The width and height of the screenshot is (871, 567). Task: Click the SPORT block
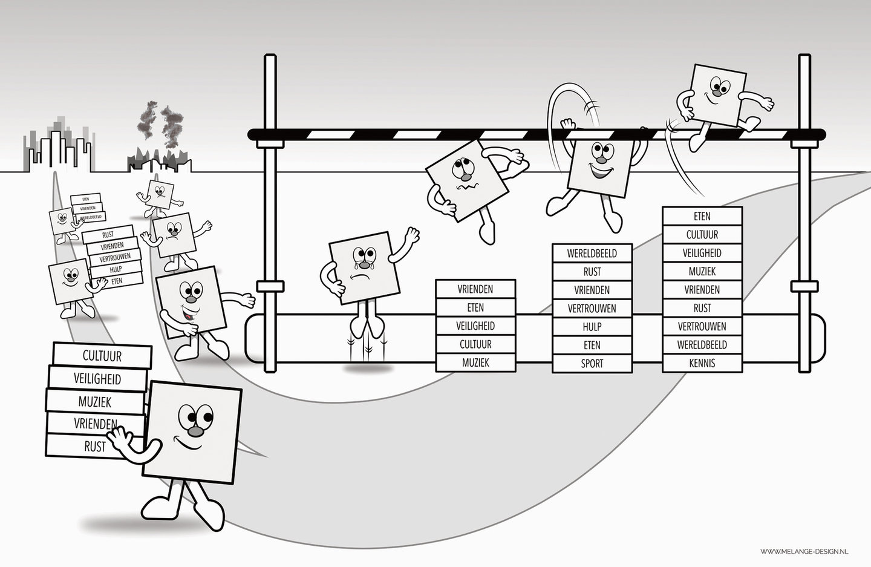point(592,364)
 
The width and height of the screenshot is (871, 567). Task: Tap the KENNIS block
point(702,363)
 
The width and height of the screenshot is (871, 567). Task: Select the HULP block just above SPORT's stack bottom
point(592,327)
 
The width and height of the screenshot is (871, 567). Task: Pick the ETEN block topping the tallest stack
point(702,216)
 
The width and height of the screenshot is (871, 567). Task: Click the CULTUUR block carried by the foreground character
point(102,355)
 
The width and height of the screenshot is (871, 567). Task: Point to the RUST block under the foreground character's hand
point(94,447)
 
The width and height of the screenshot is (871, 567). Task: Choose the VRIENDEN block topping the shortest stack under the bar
point(475,289)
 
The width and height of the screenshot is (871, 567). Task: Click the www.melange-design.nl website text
point(804,551)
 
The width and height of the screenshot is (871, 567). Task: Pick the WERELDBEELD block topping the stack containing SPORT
point(592,253)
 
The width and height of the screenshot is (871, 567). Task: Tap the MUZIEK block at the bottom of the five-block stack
point(475,363)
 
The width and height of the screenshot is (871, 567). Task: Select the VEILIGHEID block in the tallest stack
point(702,253)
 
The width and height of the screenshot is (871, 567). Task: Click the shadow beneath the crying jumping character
point(368,367)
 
